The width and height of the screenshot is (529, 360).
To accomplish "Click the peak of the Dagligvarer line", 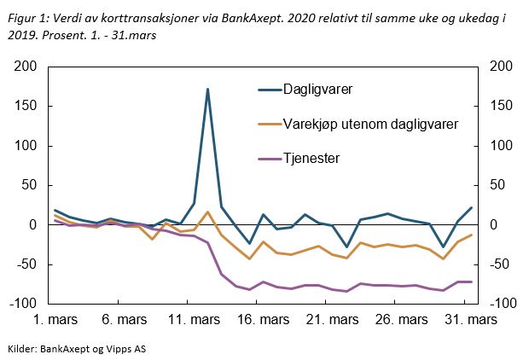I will tap(207, 89).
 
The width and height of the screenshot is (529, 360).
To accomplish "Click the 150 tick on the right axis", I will tap(498, 106).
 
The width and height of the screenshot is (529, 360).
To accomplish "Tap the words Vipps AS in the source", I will tap(131, 348).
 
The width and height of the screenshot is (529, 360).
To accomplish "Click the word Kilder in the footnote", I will tap(22, 348).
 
